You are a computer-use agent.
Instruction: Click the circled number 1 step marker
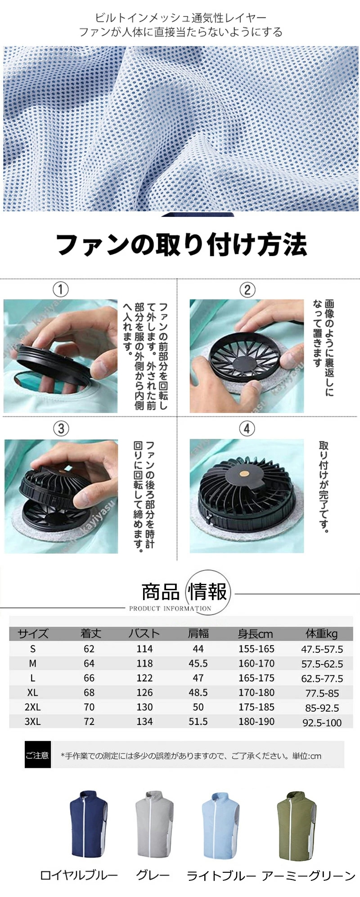coord(61,289)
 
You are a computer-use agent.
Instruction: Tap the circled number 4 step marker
coord(247,428)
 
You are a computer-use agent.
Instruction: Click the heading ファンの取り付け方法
coord(181,245)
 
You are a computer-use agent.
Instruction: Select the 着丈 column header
coord(90,633)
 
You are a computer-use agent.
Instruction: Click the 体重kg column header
coord(321,633)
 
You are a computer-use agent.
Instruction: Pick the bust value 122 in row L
coord(144,678)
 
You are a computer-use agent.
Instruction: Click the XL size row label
coord(32,692)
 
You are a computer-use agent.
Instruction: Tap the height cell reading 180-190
coord(256,722)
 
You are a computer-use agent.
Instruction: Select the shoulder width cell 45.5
coord(198,664)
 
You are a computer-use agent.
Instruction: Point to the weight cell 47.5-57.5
coord(322,649)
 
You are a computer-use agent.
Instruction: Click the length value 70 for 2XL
coord(89,707)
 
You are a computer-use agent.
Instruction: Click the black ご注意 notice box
coord(37,755)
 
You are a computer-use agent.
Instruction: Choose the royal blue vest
coord(89,823)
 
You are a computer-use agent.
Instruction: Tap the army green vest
coord(296,823)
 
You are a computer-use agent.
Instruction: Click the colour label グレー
coord(153,875)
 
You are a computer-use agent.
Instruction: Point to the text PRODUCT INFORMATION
coord(170,608)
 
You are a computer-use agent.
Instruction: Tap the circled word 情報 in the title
coord(208,592)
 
